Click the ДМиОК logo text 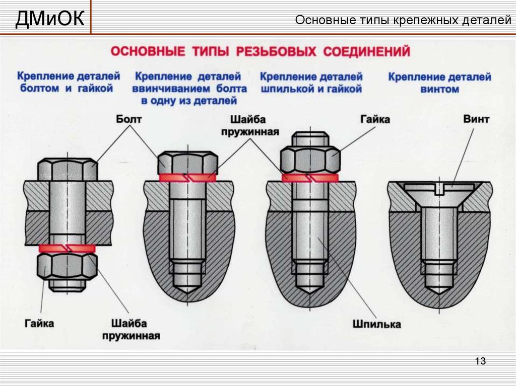[49, 20]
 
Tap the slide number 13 [480, 361]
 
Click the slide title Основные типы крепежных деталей [403, 21]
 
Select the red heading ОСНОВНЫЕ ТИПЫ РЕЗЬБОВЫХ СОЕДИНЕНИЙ [260, 52]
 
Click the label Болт [130, 119]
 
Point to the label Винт [475, 119]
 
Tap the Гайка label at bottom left [39, 323]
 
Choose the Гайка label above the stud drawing [375, 119]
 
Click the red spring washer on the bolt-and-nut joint [67, 248]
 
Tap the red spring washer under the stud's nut [310, 178]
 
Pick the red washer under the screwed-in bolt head [187, 178]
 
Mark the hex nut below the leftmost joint [67, 266]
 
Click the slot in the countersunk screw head [439, 190]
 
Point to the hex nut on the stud [310, 159]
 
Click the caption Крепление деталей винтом [439, 83]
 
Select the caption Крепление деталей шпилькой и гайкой [311, 83]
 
